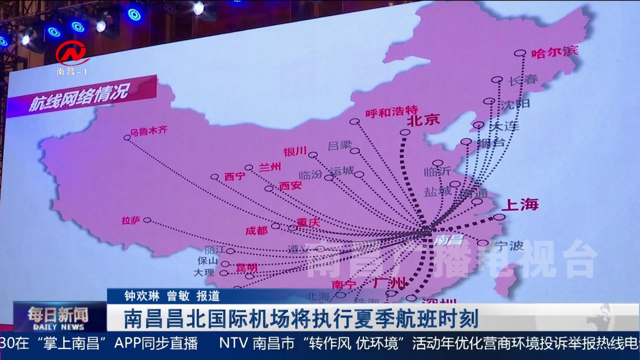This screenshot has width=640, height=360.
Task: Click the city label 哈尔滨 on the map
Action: coord(555,52)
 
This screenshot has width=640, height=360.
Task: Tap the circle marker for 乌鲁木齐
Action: coord(127,138)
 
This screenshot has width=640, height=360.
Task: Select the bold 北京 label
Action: coord(423,120)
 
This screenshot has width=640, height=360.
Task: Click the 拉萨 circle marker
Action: coord(147,220)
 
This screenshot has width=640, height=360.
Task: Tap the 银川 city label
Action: coord(295,151)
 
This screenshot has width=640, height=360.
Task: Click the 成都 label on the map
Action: coord(256,230)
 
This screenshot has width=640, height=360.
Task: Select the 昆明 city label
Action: coord(247,267)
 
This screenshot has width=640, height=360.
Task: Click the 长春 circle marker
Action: coord(497,80)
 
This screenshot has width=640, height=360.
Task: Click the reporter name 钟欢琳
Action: coord(142,296)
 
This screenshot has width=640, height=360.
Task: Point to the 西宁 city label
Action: coord(235,176)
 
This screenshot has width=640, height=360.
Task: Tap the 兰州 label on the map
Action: coord(270,166)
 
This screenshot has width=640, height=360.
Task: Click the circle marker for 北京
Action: coord(405,132)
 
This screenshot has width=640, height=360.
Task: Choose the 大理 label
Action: coord(204,272)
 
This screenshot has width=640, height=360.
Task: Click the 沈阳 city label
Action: coord(515,104)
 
